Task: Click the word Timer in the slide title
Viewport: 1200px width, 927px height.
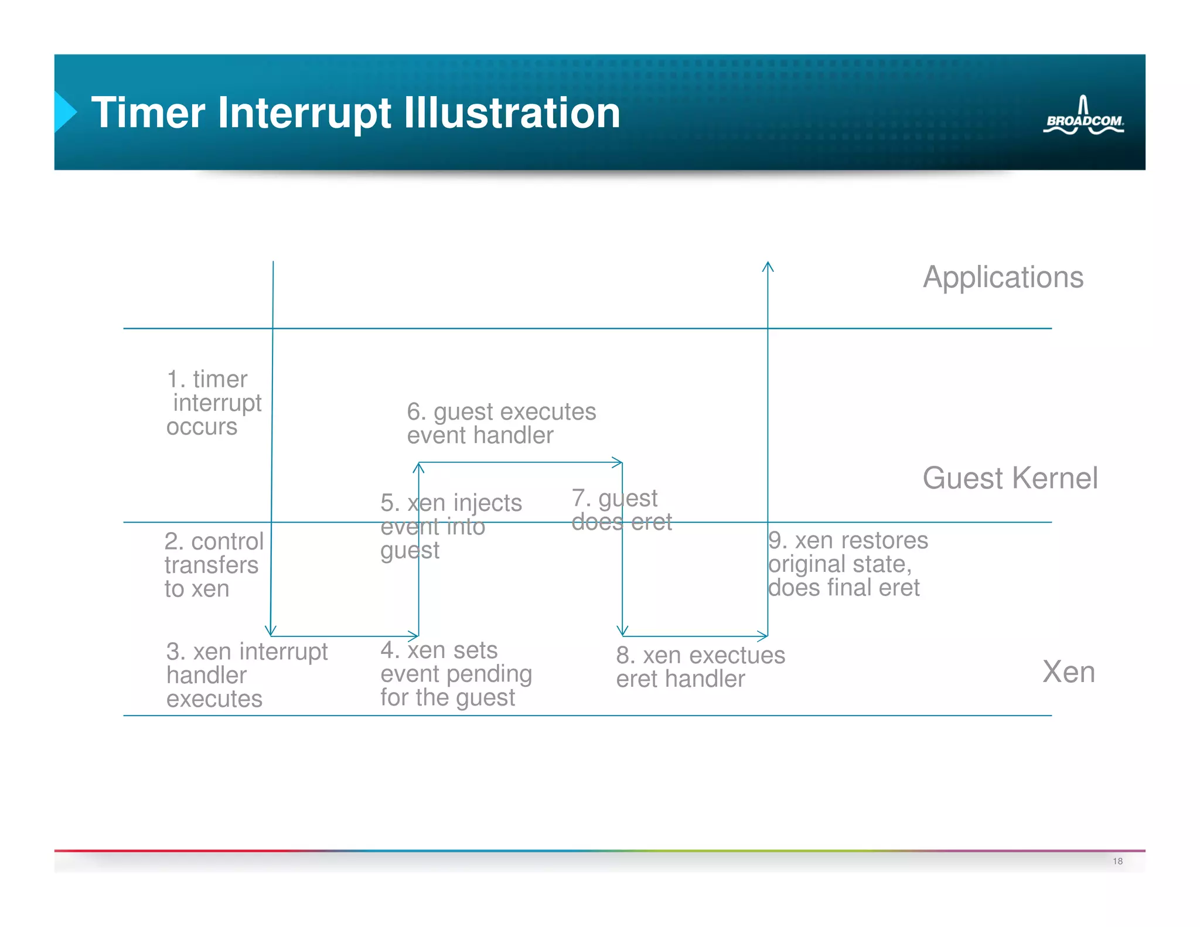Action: coord(148,113)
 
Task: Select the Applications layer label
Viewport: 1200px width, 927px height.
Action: coord(1003,277)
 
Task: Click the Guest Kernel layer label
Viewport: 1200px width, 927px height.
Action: coord(1010,478)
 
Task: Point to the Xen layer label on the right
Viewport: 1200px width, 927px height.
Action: coord(1068,672)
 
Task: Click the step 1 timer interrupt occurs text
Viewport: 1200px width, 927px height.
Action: coord(213,403)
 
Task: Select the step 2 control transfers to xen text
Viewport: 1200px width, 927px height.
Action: coord(213,565)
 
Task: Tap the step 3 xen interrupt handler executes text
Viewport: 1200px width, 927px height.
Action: coord(246,675)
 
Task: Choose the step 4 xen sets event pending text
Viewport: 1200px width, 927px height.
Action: coord(456,674)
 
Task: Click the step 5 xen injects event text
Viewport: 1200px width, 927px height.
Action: coord(450,526)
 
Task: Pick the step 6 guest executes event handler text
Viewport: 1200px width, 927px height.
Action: coord(501,424)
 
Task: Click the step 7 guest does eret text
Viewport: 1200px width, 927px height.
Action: coord(621,510)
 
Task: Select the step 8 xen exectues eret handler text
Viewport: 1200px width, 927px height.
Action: coord(700,667)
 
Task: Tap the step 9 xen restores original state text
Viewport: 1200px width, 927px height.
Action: coord(847,564)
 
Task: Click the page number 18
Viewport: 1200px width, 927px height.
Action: coord(1117,861)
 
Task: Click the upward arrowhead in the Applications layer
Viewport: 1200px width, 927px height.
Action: coord(768,267)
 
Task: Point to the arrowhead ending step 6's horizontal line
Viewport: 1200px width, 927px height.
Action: coord(618,462)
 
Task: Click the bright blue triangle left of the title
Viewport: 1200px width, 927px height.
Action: coord(64,111)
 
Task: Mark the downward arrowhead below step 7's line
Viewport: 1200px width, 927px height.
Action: coord(622,631)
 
